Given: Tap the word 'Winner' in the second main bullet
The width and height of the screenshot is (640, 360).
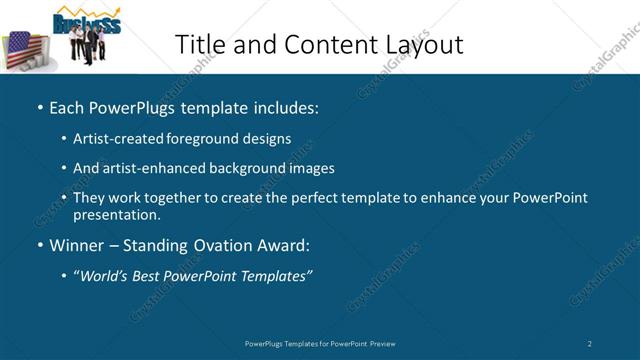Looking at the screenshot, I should [x=77, y=245].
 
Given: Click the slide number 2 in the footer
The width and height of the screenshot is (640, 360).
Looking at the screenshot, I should [x=590, y=343].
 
